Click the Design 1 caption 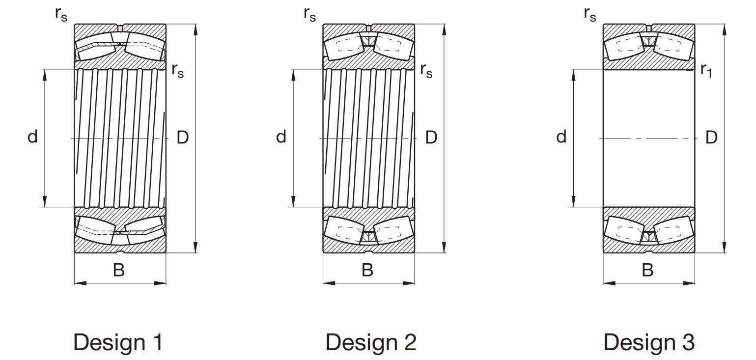pos(118,342)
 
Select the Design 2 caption pos(370,342)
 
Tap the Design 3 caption pos(649,342)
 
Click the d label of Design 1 pos(32,137)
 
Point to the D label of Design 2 pos(431,138)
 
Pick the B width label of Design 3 pos(647,270)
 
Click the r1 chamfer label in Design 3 pos(706,70)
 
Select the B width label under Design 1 pos(119,270)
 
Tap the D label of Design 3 pos(711,138)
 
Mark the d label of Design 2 pos(281,137)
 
